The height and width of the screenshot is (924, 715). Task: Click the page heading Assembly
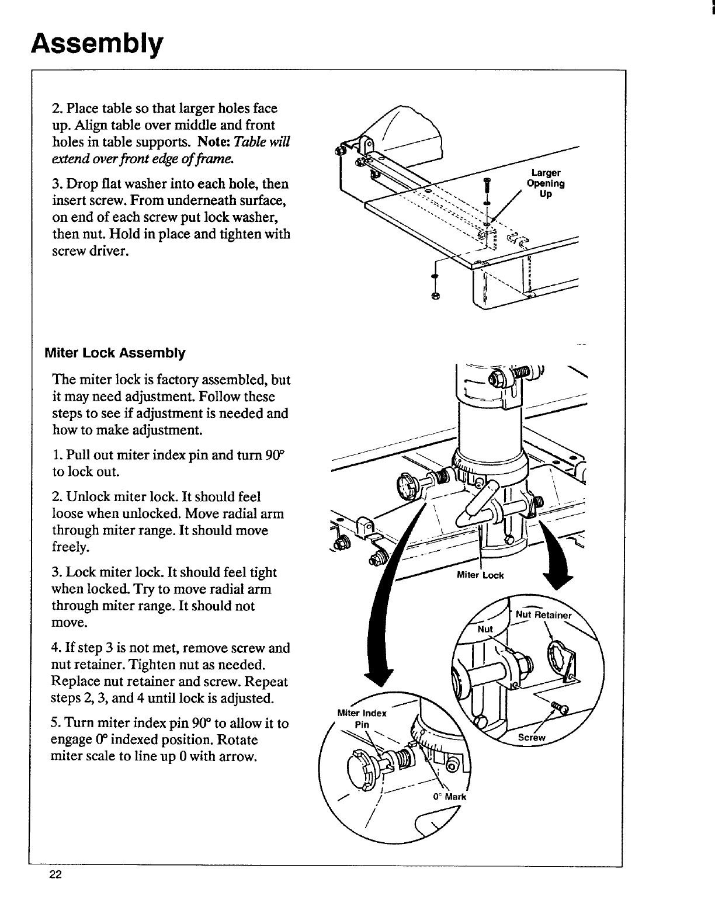96,44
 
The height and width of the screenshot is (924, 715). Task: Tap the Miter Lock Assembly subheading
115,353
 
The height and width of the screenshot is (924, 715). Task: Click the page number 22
56,874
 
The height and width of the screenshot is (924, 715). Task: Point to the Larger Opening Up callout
546,183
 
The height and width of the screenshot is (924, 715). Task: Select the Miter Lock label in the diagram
480,575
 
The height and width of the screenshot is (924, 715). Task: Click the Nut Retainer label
543,615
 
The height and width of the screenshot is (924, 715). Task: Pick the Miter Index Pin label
362,718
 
